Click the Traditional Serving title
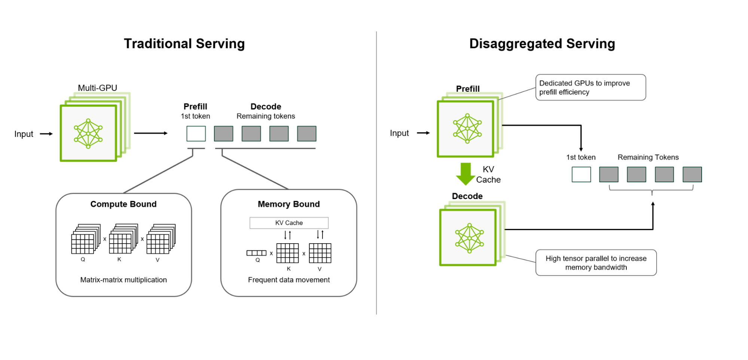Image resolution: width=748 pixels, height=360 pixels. pos(184,44)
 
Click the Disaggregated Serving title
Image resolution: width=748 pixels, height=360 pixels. pos(542,44)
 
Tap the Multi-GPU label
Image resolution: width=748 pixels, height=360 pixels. pos(97,88)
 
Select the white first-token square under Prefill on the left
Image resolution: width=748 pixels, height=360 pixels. pos(196,134)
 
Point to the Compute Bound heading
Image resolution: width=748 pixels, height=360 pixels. pos(123,204)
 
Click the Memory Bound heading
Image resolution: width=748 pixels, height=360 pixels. pos(288,204)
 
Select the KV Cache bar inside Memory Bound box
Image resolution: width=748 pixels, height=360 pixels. pos(289,223)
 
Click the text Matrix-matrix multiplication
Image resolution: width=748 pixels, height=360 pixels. pos(123,280)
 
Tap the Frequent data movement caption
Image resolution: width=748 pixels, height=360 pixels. pos(288,280)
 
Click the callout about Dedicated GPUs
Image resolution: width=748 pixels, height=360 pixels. pos(590,88)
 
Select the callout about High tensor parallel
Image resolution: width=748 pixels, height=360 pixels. pos(596,263)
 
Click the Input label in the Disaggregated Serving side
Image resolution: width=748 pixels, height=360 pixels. pos(399,133)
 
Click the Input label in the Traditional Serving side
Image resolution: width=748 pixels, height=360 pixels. pos(24,134)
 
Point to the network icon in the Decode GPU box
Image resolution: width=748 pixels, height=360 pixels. pos(470,238)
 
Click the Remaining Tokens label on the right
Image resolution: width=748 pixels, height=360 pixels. pos(648,158)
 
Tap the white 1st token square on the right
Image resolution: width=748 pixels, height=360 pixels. pos(581,174)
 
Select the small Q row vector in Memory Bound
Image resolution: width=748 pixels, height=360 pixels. pos(256,253)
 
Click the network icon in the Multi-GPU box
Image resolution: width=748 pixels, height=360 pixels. pos(88,134)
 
